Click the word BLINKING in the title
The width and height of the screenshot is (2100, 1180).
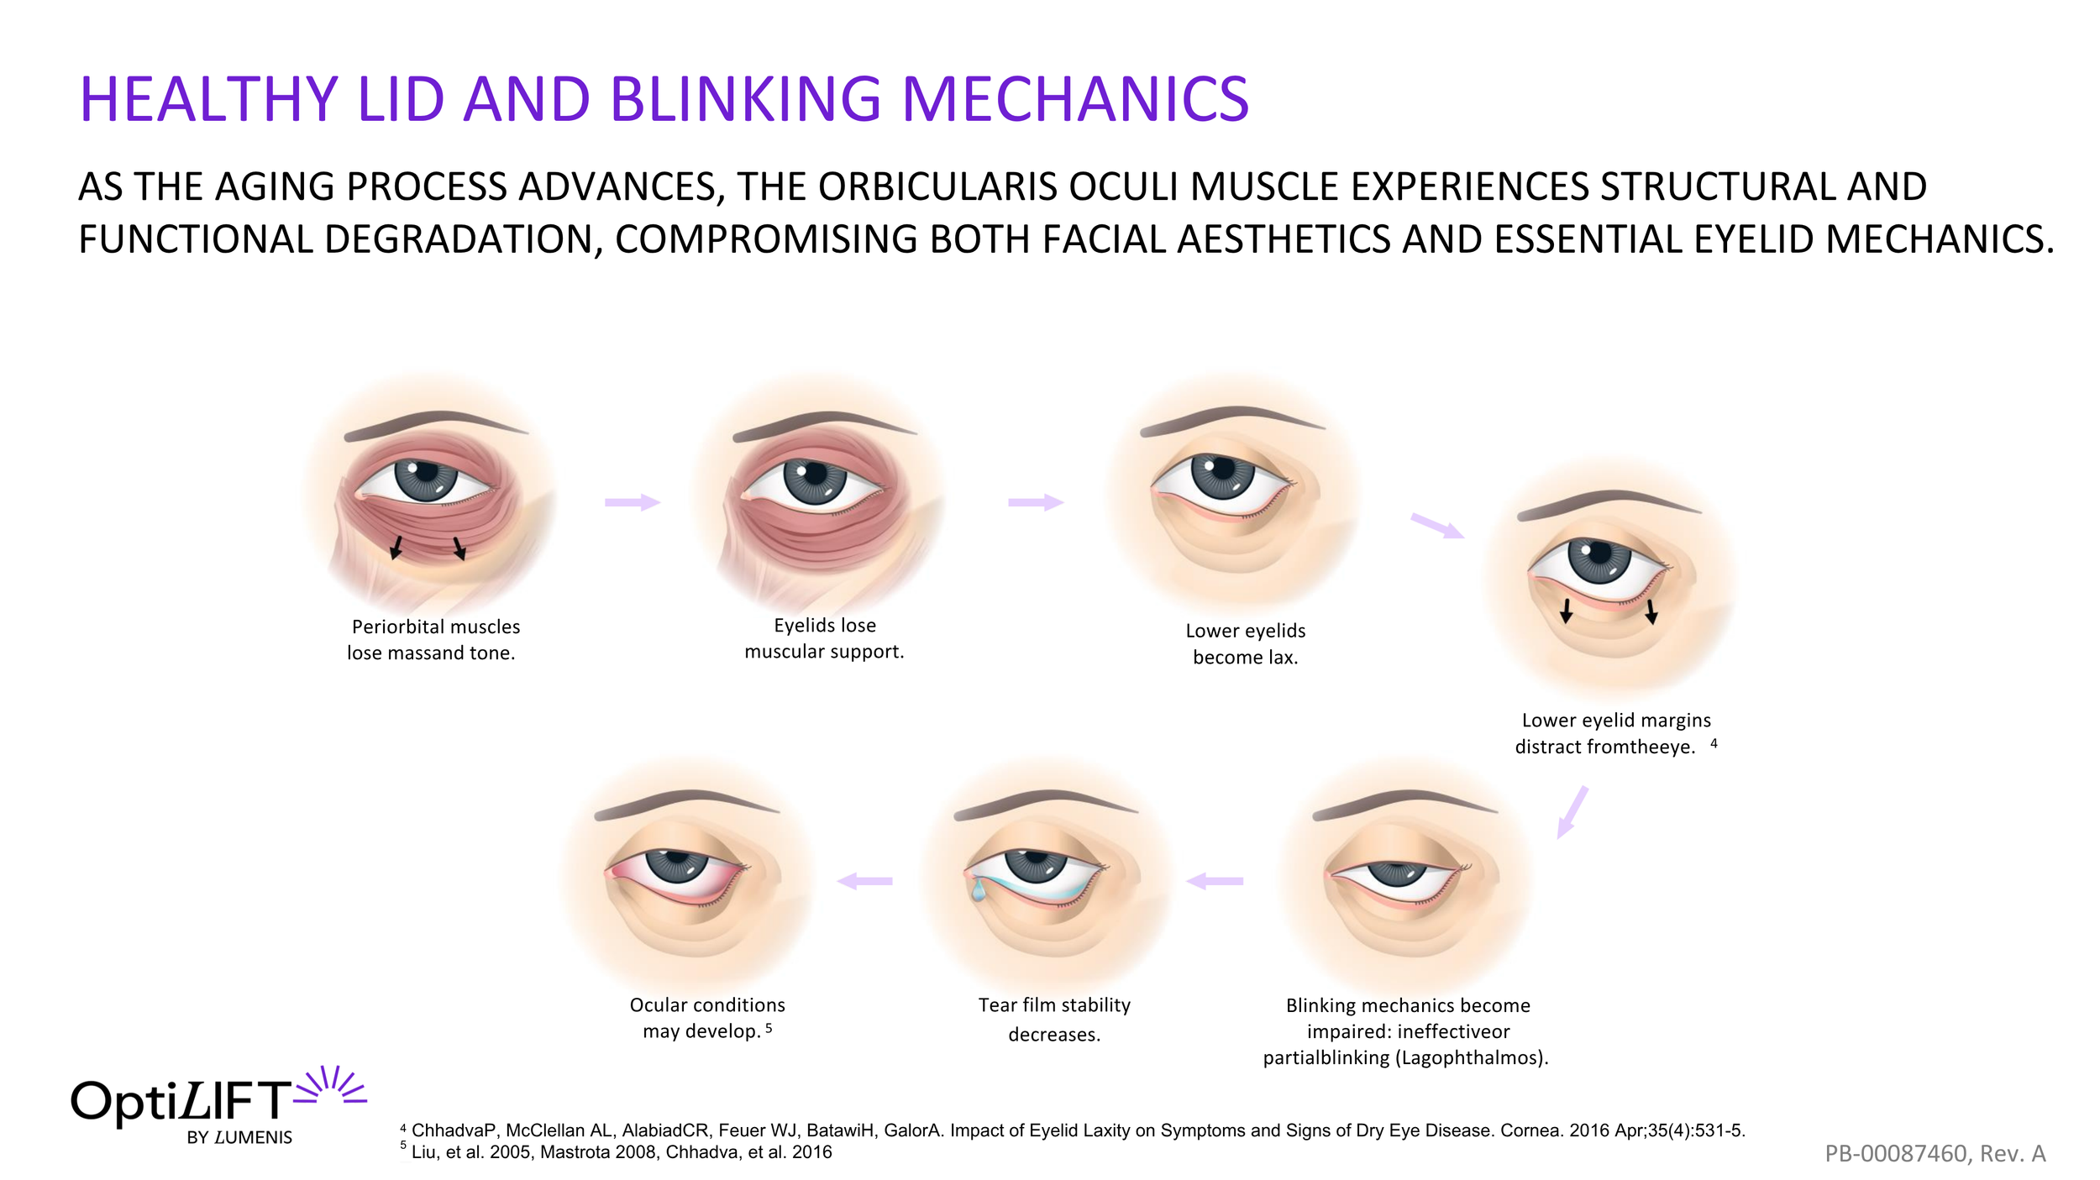745,99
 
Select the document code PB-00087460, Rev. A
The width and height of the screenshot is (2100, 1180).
1935,1153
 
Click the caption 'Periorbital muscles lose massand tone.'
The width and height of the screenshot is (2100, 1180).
434,639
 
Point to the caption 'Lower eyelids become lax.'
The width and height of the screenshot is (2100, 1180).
1245,643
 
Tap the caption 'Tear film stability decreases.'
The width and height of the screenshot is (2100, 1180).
1054,1019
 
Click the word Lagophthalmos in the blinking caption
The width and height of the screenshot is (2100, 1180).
1468,1057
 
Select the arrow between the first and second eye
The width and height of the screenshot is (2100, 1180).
633,502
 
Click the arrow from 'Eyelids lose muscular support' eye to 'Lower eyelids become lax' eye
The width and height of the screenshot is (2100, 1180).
1036,502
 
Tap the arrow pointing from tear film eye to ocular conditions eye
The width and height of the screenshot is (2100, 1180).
865,881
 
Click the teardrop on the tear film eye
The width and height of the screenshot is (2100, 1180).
978,889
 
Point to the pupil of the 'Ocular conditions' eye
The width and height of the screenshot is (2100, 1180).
678,863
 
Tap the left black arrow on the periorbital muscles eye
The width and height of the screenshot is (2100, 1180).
396,547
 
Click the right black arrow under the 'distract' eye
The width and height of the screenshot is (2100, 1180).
1651,611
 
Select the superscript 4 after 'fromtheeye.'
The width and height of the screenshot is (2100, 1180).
1714,743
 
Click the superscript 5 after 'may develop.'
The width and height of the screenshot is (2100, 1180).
769,1028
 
